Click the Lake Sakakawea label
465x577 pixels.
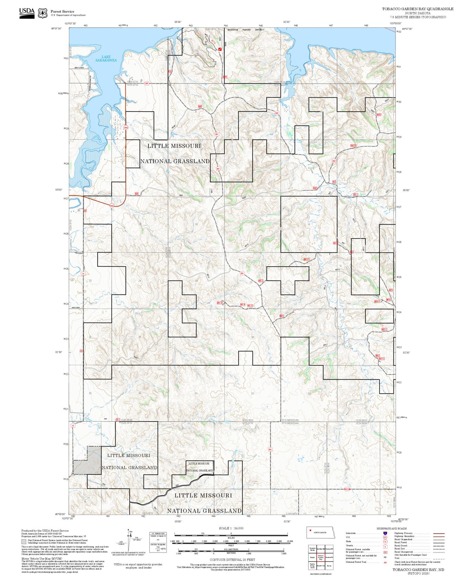click(106, 59)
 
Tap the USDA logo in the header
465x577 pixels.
click(27, 13)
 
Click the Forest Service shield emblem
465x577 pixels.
click(42, 13)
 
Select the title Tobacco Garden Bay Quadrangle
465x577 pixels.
click(417, 9)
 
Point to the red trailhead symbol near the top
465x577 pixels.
click(220, 49)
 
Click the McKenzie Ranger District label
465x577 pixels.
click(246, 30)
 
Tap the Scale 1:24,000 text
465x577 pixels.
click(231, 528)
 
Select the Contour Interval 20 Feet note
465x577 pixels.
click(232, 560)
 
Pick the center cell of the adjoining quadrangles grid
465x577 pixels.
click(321, 557)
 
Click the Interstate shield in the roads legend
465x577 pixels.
click(385, 533)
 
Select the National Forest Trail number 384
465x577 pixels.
click(385, 562)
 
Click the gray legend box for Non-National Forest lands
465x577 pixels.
click(24, 541)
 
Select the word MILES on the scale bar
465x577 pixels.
click(231, 538)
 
